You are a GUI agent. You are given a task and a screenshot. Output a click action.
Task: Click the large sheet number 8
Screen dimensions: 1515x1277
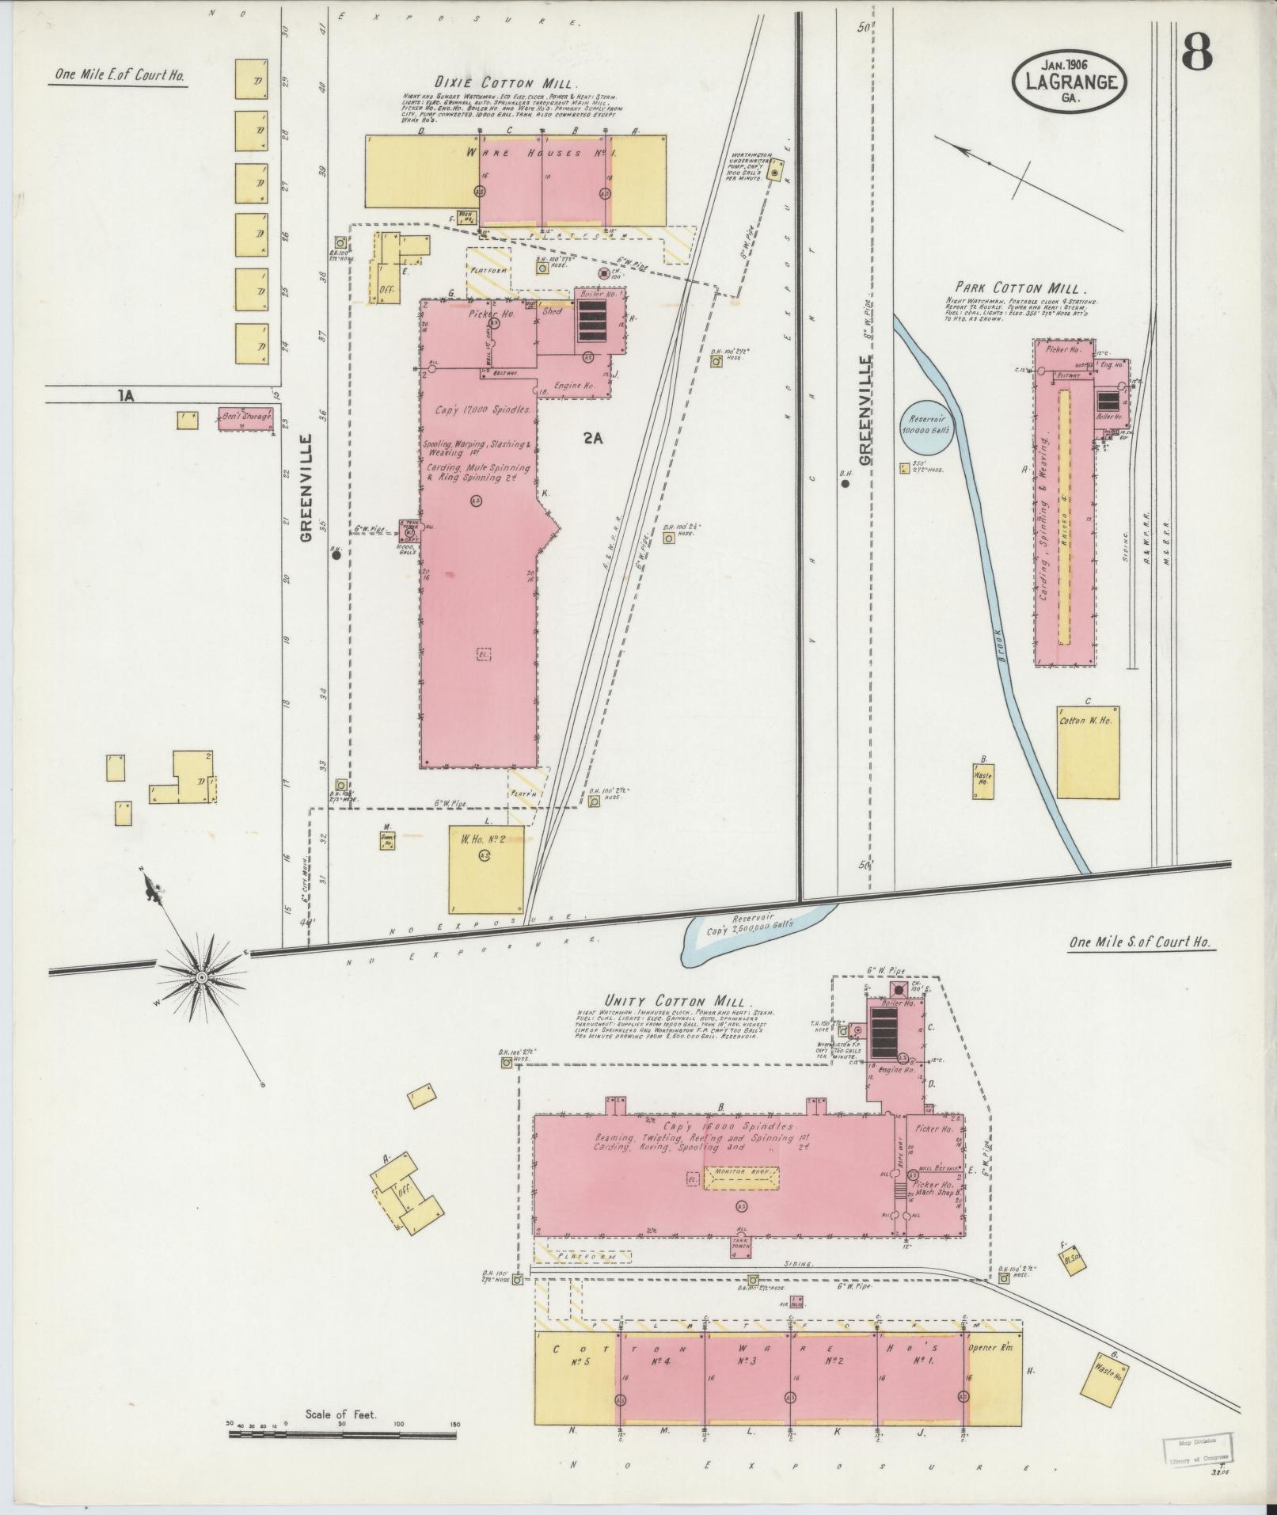pos(1197,53)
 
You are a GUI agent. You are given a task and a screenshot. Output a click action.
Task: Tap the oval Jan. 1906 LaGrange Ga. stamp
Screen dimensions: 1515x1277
pos(1068,80)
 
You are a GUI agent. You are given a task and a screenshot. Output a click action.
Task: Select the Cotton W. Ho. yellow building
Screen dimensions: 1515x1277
pos(1088,752)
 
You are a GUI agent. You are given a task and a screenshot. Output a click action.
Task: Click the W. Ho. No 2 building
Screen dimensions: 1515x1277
pos(486,870)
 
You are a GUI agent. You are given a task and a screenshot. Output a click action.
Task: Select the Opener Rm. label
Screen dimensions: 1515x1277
pos(995,1346)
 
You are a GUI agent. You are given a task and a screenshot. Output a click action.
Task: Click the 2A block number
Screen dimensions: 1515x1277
pos(593,440)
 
